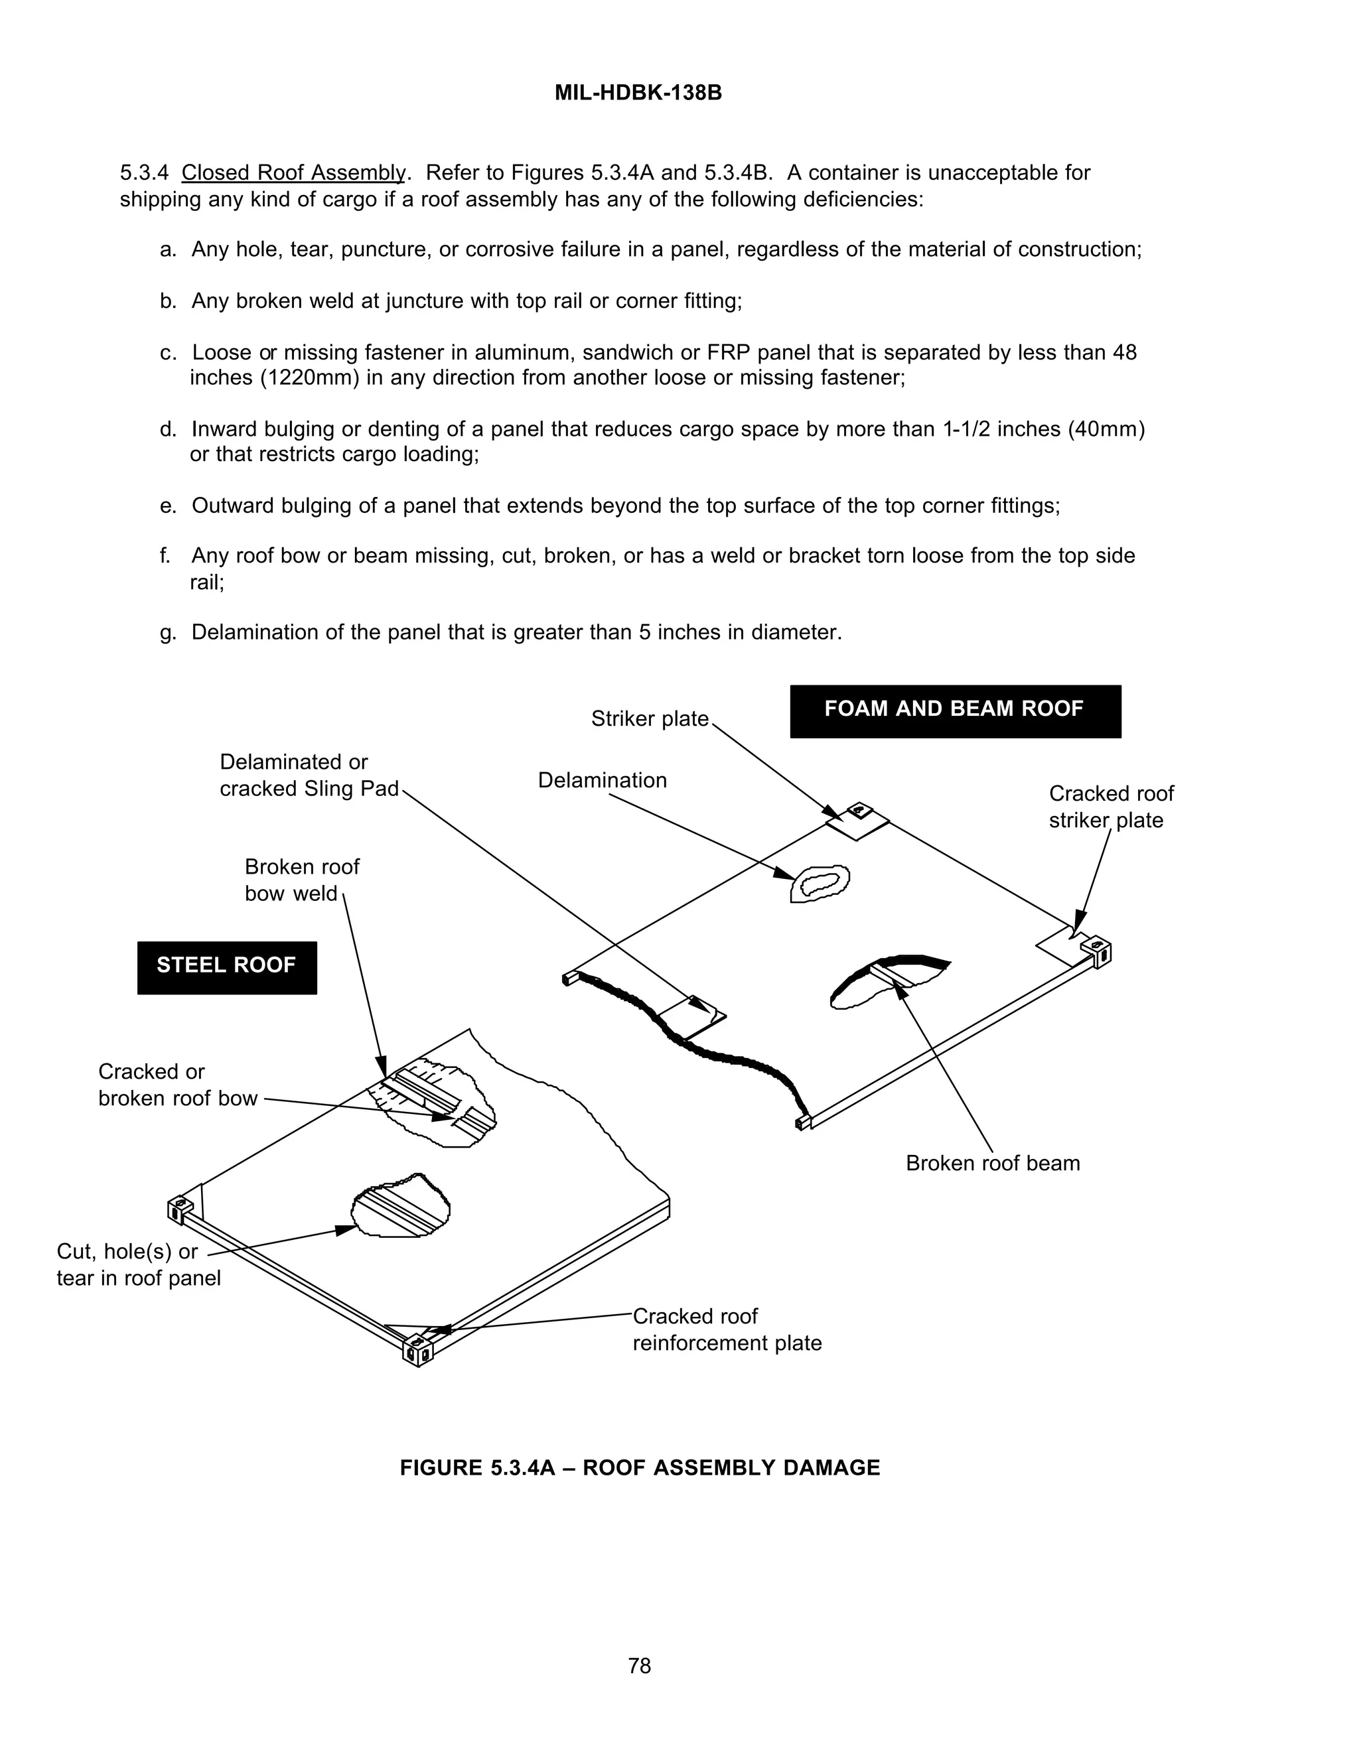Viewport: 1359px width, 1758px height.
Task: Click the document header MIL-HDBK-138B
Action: point(638,94)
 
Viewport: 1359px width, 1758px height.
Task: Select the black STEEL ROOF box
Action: point(226,967)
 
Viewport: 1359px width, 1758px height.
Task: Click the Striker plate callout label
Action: point(649,719)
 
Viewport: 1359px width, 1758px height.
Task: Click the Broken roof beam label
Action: point(992,1163)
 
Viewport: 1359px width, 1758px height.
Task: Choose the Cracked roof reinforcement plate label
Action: point(726,1329)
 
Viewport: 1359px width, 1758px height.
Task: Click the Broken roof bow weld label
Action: point(301,880)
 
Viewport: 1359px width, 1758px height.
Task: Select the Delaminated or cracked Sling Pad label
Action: point(309,775)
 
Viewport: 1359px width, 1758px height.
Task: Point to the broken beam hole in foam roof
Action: point(886,982)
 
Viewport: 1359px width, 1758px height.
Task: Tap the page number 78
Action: point(639,1665)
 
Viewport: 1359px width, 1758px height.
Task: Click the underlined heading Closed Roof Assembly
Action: point(293,173)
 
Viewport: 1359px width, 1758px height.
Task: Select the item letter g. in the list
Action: point(167,633)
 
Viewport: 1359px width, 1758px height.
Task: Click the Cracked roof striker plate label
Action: point(1110,807)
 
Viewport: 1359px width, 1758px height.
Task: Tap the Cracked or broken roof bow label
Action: point(177,1085)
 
